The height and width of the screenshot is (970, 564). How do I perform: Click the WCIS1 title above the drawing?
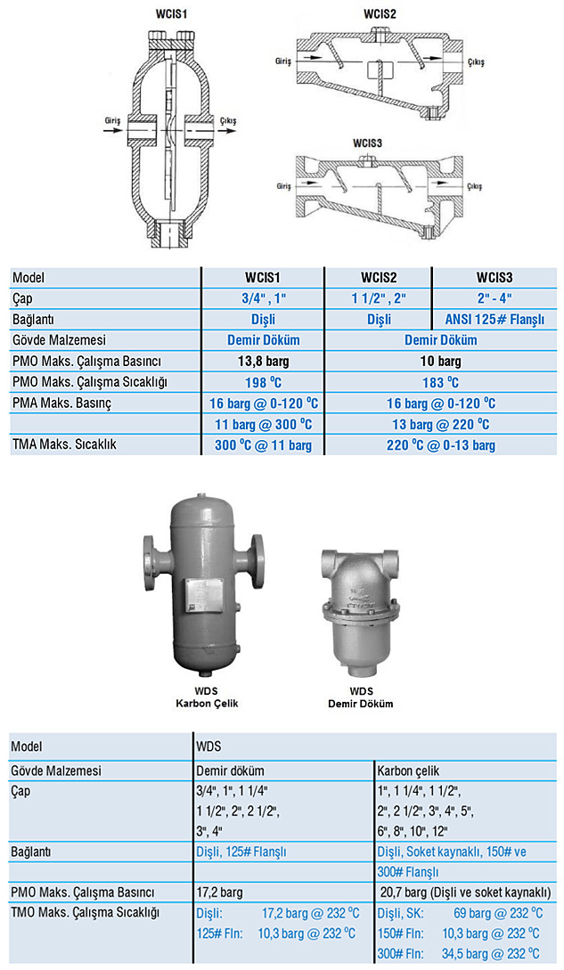pos(171,13)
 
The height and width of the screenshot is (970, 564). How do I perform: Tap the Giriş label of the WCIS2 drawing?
pos(283,61)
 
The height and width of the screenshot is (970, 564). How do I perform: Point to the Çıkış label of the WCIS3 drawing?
pos(474,186)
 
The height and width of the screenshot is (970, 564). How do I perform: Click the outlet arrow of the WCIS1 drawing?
pos(226,131)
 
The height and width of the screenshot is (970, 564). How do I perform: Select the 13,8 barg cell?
pos(263,362)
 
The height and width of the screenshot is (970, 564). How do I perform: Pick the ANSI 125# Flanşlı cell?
pos(495,319)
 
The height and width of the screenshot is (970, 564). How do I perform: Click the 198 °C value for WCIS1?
pos(263,382)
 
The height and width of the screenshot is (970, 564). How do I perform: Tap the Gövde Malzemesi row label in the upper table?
pos(59,340)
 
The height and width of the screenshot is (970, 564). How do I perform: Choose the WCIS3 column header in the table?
pos(494,278)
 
